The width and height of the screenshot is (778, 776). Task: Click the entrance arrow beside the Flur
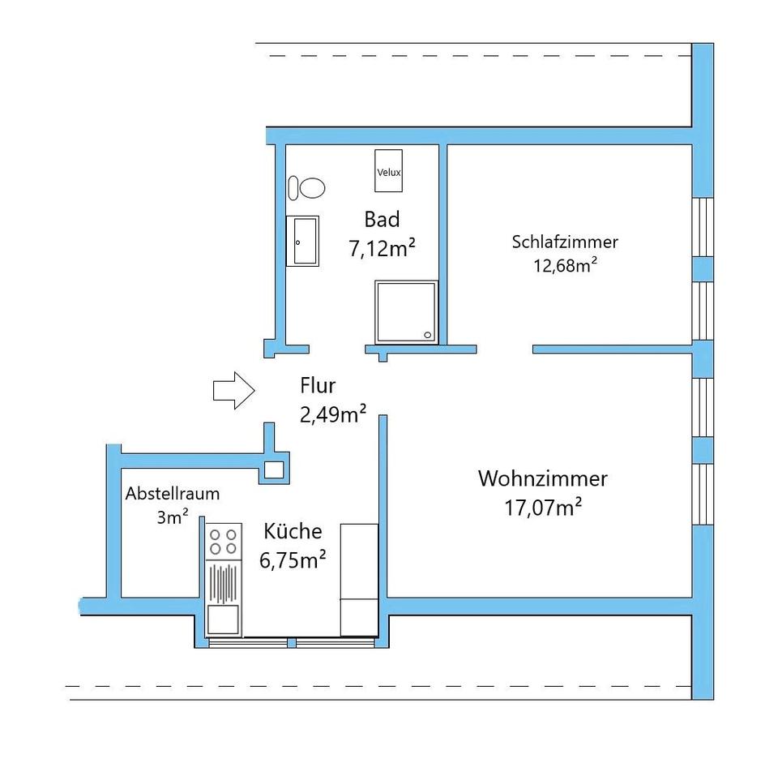233,390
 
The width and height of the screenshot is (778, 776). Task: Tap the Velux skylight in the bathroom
389,170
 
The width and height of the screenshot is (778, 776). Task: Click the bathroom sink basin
303,241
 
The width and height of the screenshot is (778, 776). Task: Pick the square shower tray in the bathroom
405,312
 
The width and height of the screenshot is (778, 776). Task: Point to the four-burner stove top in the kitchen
223,542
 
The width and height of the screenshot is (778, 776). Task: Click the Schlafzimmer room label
565,242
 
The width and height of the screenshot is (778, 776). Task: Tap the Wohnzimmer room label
542,478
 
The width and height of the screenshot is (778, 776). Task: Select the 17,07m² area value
544,508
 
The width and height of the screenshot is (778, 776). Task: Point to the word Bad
382,219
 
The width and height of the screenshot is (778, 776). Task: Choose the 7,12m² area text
382,248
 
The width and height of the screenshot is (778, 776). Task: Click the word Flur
317,385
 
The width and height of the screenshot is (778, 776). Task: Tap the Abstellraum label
172,493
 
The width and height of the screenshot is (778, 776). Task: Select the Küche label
293,531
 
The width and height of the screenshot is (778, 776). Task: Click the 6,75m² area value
293,560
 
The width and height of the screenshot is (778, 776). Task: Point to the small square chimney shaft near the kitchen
273,469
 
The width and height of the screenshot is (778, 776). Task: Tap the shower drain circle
428,333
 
